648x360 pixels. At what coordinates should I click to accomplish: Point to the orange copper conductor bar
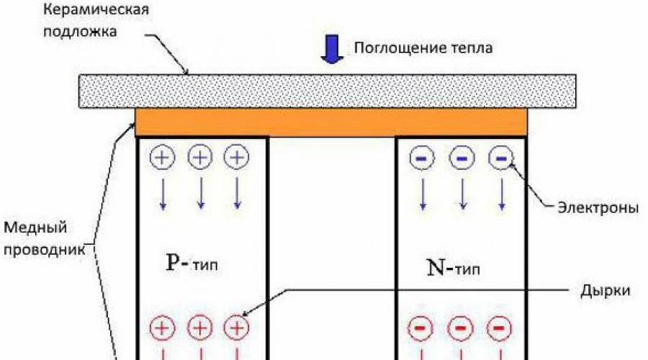pyautogui.click(x=331, y=122)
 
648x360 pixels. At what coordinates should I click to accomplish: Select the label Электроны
pyautogui.click(x=598, y=209)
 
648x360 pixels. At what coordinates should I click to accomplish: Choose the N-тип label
pyautogui.click(x=451, y=270)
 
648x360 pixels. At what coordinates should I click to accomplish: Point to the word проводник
pyautogui.click(x=44, y=250)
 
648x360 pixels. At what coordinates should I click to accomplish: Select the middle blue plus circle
pyautogui.click(x=200, y=157)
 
